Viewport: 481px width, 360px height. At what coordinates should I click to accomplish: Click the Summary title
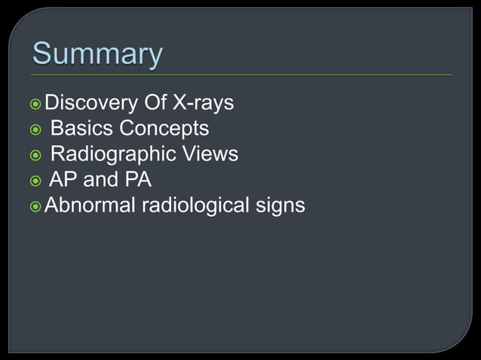click(97, 55)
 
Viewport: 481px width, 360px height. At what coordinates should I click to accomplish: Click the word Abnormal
click(90, 204)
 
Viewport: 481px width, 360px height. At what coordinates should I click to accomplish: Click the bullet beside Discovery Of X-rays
click(36, 103)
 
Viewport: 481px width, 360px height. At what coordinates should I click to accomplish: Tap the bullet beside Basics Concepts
click(36, 129)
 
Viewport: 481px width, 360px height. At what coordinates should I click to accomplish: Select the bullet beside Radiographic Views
click(36, 154)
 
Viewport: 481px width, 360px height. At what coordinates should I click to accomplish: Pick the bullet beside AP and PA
click(36, 180)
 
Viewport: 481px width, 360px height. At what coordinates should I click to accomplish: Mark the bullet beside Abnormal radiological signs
click(36, 205)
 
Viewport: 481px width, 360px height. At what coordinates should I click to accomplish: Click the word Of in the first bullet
click(153, 102)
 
